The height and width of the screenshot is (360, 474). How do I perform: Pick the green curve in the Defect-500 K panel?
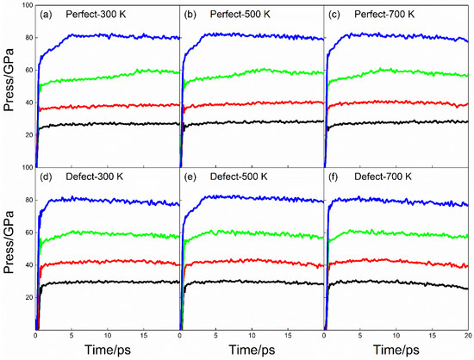tap(250, 233)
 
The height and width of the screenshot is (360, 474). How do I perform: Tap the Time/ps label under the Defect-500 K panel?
tap(251, 351)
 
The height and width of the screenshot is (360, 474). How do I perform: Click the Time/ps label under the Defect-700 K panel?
tap(396, 351)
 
